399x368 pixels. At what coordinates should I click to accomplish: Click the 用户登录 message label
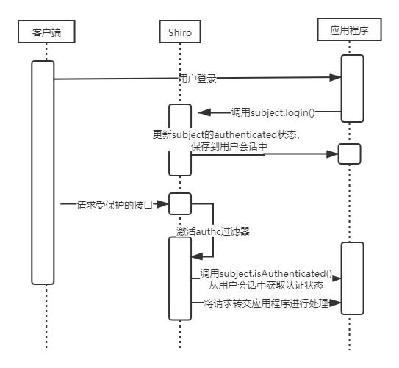[x=197, y=79]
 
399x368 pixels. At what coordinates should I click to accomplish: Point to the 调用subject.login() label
[x=273, y=112]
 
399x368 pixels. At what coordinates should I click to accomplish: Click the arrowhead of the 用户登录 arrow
[x=335, y=77]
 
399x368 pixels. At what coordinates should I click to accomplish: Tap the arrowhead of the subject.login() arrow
[x=204, y=112]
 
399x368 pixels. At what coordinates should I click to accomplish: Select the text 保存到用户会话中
[x=229, y=146]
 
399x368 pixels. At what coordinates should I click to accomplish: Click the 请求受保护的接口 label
[x=115, y=205]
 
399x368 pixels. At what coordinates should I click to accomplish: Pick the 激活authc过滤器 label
[x=213, y=231]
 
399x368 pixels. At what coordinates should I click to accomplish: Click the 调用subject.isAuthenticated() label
[x=266, y=273]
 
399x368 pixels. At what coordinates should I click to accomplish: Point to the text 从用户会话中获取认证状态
[x=266, y=285]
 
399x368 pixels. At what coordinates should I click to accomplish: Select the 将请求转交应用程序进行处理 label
[x=266, y=303]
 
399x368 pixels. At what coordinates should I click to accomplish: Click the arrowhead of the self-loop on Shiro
[x=197, y=256]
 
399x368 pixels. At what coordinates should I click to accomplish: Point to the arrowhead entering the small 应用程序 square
[x=332, y=154]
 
